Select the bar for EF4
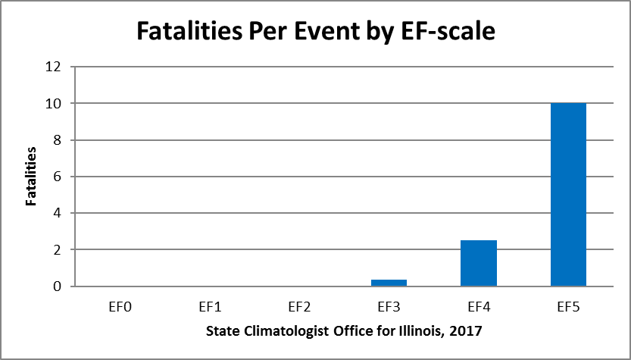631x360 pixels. (x=478, y=263)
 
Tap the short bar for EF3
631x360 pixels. (x=389, y=283)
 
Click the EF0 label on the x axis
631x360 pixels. (x=119, y=307)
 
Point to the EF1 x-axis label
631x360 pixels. (x=209, y=307)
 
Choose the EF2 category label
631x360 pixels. (x=298, y=307)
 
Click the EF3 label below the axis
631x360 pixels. (x=389, y=307)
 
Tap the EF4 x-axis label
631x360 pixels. (x=478, y=307)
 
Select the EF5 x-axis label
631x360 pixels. (x=568, y=307)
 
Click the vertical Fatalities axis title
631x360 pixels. (x=31, y=177)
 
